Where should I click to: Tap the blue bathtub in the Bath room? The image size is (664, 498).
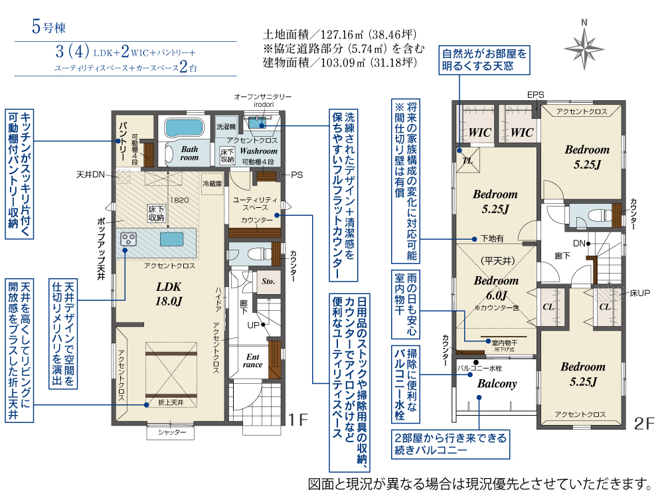click(x=184, y=127)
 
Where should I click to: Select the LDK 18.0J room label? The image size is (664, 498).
click(x=169, y=294)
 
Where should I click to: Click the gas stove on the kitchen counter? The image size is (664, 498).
click(x=128, y=239)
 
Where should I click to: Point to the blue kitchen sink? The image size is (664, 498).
click(x=172, y=239)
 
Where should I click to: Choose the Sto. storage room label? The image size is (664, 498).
click(x=268, y=281)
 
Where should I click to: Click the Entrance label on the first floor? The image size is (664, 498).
click(x=253, y=361)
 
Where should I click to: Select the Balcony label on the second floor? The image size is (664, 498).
click(x=497, y=384)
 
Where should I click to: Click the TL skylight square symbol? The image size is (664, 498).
click(x=468, y=160)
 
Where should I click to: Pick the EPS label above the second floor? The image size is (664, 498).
click(x=536, y=95)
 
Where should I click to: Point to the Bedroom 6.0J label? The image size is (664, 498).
click(x=496, y=288)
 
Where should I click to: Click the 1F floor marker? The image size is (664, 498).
click(x=298, y=420)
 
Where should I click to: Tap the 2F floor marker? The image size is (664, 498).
click(x=644, y=424)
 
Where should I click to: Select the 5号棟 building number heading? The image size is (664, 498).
click(x=48, y=27)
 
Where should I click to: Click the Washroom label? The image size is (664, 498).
click(x=259, y=151)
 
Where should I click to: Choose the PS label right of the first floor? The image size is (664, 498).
click(x=297, y=175)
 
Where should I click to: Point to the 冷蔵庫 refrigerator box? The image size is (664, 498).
click(x=212, y=184)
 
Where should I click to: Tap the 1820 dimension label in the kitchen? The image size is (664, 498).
click(x=179, y=200)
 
